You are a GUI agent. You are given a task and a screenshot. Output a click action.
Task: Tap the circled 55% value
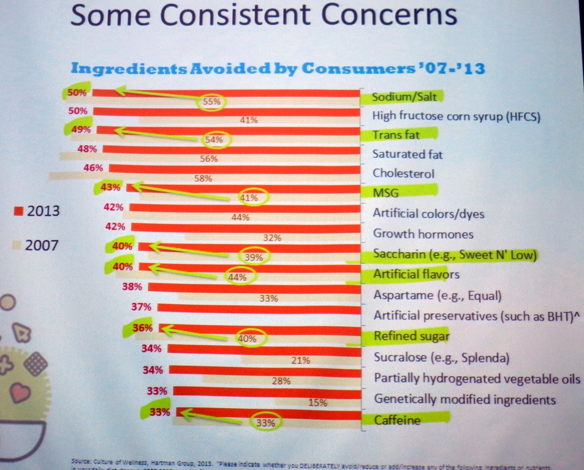point(211,102)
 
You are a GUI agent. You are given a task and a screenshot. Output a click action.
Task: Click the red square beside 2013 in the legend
point(18,212)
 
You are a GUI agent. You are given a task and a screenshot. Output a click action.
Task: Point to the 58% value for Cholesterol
point(202,179)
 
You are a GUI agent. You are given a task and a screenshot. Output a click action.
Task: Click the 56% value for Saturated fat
point(209,159)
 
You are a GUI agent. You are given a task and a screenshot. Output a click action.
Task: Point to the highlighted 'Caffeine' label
point(396,420)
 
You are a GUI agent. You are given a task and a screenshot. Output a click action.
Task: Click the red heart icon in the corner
point(20,392)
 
